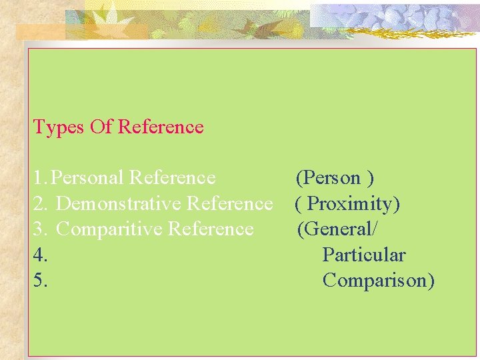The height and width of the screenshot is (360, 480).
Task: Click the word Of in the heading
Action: (101, 127)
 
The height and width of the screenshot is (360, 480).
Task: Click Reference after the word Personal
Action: (173, 177)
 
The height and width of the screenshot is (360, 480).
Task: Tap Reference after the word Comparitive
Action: (211, 229)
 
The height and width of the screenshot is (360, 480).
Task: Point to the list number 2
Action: (39, 203)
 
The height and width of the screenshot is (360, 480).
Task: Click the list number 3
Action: (39, 229)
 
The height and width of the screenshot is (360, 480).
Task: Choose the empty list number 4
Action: (39, 255)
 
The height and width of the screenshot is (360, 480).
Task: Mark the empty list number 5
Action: (39, 280)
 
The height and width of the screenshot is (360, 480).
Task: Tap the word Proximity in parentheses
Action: (353, 203)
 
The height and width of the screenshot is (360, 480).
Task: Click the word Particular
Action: (363, 255)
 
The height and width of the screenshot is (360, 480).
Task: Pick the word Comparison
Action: (378, 280)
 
